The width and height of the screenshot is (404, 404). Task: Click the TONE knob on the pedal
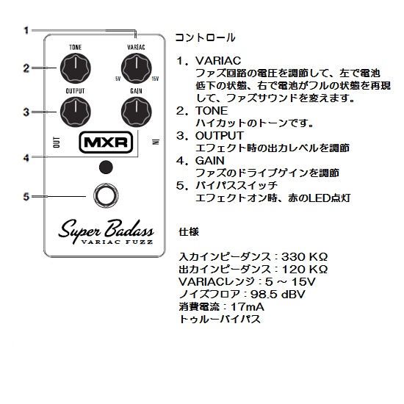[x=76, y=68]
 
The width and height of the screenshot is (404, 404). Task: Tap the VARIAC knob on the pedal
[x=137, y=68]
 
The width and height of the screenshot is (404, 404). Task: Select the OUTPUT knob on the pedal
[x=76, y=112]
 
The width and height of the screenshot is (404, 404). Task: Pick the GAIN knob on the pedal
[x=137, y=112]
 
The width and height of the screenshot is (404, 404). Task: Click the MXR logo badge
[x=106, y=143]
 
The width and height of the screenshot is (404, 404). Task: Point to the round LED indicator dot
[x=106, y=167]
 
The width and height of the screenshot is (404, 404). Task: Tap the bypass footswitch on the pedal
[x=106, y=196]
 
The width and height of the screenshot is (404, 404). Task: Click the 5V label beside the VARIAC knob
[x=118, y=79]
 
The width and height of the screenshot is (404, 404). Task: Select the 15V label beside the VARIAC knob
[x=155, y=79]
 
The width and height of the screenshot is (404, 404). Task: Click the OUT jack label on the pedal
[x=57, y=143]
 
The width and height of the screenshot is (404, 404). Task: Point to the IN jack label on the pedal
[x=156, y=142]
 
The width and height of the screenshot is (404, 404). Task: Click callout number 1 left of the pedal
[x=26, y=31]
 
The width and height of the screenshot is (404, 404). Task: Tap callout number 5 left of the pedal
[x=26, y=197]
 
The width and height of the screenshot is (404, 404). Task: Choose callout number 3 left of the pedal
[x=26, y=112]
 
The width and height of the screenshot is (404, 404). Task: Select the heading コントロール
[x=206, y=37]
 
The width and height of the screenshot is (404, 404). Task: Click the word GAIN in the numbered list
[x=210, y=161]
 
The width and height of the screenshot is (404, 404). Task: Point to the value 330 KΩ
[x=304, y=256]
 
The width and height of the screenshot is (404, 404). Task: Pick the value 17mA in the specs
[x=248, y=306]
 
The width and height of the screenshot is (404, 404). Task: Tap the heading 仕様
[x=189, y=232]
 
